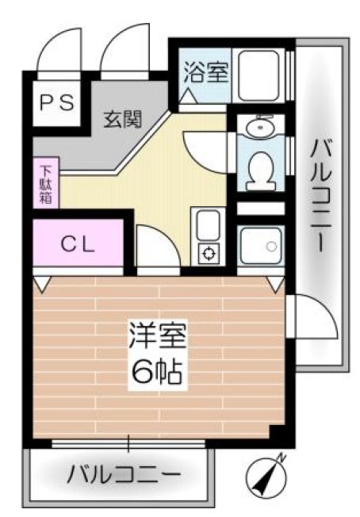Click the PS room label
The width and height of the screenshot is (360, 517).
[57, 102]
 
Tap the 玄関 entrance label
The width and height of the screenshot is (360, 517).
[123, 119]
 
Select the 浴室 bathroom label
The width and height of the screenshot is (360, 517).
[206, 71]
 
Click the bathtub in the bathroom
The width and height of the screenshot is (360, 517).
[259, 75]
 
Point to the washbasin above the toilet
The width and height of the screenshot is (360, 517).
[261, 126]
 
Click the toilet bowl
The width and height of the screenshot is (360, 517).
[261, 170]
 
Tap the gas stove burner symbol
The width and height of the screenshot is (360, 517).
[209, 253]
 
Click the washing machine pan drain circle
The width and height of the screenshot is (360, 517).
[272, 246]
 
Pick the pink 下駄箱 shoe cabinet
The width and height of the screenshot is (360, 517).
[46, 182]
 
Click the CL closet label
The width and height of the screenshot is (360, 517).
[78, 245]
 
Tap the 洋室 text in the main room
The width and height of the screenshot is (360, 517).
[158, 336]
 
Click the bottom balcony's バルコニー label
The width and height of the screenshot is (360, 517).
[124, 474]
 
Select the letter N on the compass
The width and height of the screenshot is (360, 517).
[281, 458]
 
